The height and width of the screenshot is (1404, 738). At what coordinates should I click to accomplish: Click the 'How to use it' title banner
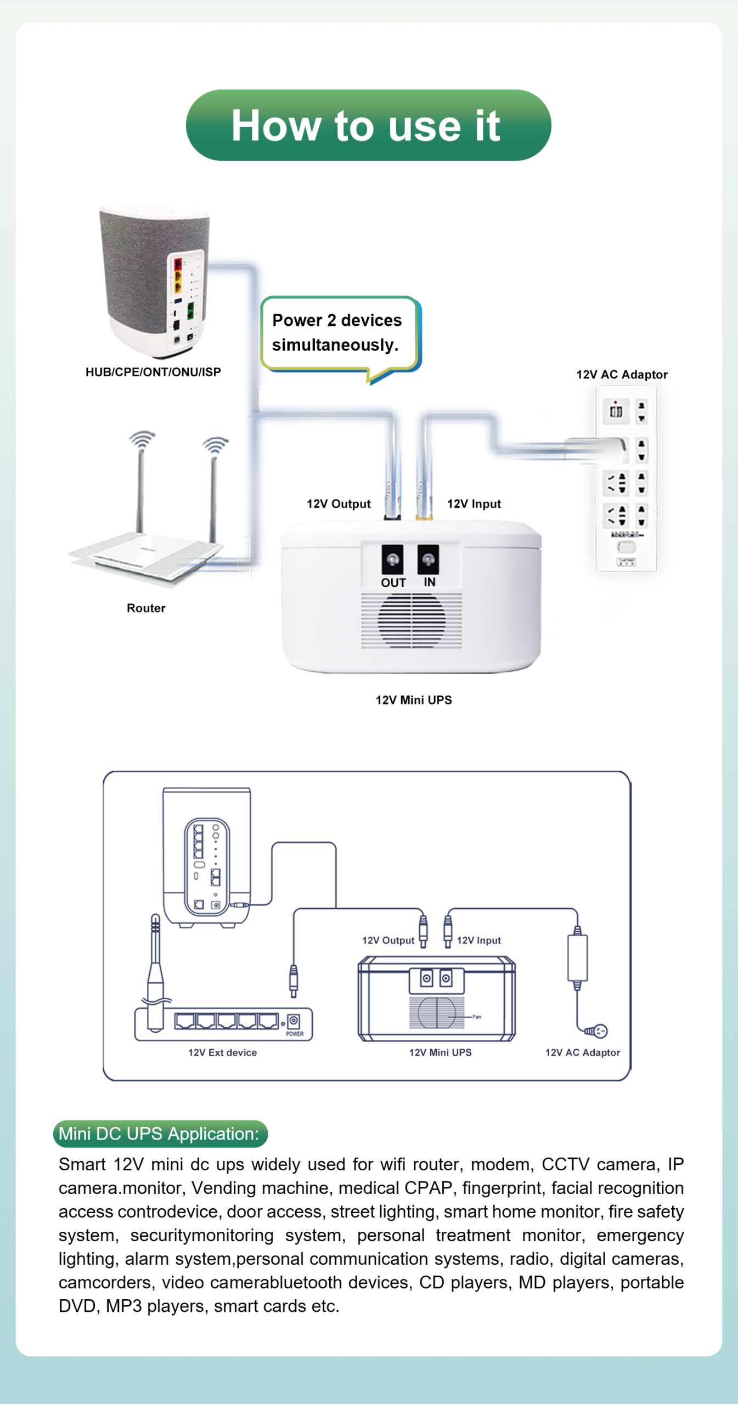pos(368,126)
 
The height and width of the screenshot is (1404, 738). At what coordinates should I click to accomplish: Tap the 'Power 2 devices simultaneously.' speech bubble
pos(338,333)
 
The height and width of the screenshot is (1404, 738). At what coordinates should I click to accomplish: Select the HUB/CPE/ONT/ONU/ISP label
pos(153,372)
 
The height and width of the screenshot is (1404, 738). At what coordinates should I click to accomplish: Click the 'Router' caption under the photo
pos(146,608)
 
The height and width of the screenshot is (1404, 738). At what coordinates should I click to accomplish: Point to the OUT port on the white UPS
pos(392,559)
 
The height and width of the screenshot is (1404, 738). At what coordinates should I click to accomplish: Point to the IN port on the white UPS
pos(428,559)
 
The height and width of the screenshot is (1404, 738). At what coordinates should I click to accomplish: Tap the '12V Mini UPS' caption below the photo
pos(414,700)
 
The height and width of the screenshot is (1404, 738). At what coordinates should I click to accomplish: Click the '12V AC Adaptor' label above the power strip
pos(622,375)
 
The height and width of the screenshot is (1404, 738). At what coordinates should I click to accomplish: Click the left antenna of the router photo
pos(140,488)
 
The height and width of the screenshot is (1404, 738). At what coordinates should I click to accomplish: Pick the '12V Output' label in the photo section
pos(339,504)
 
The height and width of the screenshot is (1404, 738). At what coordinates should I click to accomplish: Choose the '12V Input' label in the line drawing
pos(478,941)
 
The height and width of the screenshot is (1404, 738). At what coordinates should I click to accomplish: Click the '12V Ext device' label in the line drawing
pos(222,1052)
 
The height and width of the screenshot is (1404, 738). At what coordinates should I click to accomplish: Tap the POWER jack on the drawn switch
pos(294,1021)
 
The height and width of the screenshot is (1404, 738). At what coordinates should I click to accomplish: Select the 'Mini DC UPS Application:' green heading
pos(160,1134)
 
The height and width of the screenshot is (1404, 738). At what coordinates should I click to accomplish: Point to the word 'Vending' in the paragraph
pos(224,1188)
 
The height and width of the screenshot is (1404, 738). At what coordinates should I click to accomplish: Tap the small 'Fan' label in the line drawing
pos(476,1016)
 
